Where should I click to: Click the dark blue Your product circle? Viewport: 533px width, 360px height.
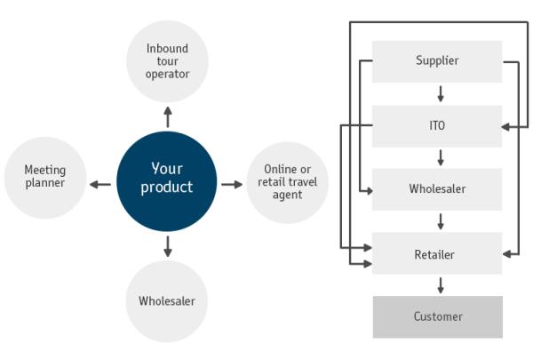pyautogui.click(x=166, y=183)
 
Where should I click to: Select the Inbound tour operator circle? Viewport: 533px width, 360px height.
pyautogui.click(x=167, y=60)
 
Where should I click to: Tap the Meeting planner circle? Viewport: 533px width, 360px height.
pyautogui.click(x=44, y=176)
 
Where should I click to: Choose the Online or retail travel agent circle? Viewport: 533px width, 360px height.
pyautogui.click(x=288, y=182)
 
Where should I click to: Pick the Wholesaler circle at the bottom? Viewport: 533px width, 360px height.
pyautogui.click(x=166, y=300)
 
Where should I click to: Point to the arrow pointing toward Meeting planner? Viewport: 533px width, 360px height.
pyautogui.click(x=100, y=185)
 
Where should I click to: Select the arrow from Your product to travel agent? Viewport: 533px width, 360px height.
pyautogui.click(x=231, y=185)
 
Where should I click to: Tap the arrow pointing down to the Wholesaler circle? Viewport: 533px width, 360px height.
pyautogui.click(x=167, y=246)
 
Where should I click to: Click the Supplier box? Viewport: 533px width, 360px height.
pyautogui.click(x=437, y=61)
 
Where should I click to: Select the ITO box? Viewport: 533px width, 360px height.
pyautogui.click(x=437, y=126)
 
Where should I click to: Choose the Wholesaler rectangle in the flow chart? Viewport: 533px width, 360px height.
pyautogui.click(x=437, y=189)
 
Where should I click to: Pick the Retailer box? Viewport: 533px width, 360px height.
pyautogui.click(x=437, y=254)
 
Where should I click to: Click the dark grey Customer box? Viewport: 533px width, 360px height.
pyautogui.click(x=437, y=316)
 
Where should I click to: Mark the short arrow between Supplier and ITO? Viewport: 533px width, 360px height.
pyautogui.click(x=440, y=93)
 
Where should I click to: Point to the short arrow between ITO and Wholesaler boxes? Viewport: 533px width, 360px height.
pyautogui.click(x=440, y=157)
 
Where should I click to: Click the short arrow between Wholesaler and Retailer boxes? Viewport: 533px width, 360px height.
pyautogui.click(x=440, y=221)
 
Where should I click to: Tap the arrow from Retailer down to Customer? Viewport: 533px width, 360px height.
pyautogui.click(x=440, y=285)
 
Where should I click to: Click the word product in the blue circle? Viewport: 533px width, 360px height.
pyautogui.click(x=166, y=188)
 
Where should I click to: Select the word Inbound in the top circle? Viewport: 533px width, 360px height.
pyautogui.click(x=168, y=48)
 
